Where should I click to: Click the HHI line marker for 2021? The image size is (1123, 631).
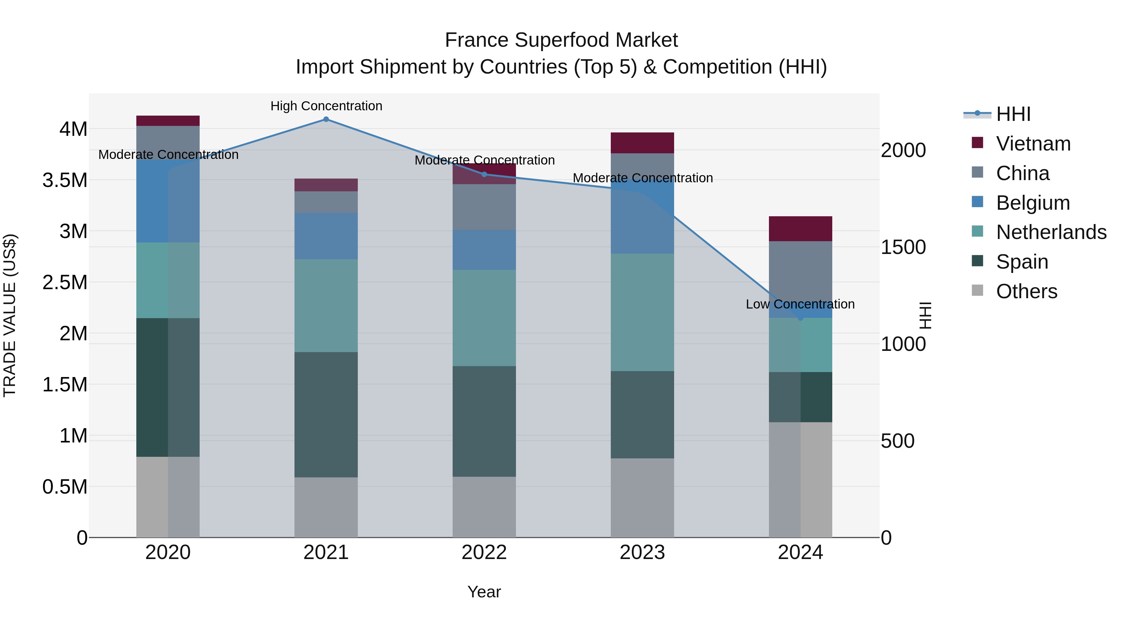326,119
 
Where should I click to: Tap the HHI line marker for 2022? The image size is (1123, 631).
484,174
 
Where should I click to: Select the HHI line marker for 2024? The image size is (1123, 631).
800,318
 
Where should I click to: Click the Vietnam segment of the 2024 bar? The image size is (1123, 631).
800,229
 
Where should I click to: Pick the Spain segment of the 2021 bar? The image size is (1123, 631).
326,414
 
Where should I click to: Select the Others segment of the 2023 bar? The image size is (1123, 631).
642,498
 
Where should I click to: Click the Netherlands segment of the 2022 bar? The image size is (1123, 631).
484,318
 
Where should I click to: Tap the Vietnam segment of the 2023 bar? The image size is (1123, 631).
642,143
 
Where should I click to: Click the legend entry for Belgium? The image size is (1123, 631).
1032,203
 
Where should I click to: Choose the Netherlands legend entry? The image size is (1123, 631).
1051,232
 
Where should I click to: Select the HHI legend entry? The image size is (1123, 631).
1013,114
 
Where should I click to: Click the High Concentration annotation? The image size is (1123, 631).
326,106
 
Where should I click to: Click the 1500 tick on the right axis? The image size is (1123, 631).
903,247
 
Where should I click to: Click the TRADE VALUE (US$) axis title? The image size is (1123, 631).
10,315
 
